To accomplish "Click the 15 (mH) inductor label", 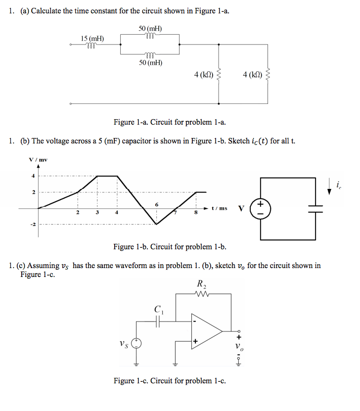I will pos(92,39).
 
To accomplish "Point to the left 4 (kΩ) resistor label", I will pos(204,75).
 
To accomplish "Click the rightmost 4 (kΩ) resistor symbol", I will pos(268,75).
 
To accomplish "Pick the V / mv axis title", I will pos(38,159).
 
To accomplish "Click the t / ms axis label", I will pos(219,208).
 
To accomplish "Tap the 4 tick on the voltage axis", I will pos(34,176).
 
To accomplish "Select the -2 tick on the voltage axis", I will pos(33,225).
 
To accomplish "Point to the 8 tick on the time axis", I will pos(196,213).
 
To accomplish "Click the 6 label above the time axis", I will pos(157,204).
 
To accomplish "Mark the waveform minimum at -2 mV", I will pos(157,224).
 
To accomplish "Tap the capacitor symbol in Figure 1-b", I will pos(315,208).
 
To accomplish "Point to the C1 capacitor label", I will pos(158,310).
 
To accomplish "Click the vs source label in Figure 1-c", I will pos(122,342).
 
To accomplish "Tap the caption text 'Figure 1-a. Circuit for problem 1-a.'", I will pos(170,122).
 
